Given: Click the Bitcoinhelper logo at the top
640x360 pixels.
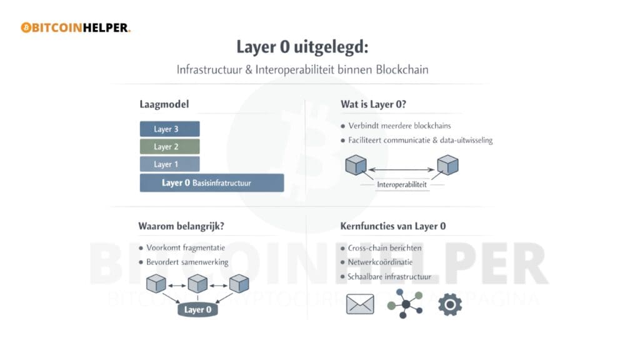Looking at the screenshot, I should coord(75,27).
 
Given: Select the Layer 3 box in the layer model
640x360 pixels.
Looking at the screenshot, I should coord(169,129).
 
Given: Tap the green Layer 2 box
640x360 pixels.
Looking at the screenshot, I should coord(169,147).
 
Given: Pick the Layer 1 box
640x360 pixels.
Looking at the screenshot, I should coord(169,164).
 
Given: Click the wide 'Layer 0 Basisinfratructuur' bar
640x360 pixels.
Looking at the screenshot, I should coord(211,183).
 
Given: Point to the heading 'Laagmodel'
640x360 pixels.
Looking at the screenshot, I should coord(164,104).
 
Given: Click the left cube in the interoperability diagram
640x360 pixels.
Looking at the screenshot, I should coord(356,166).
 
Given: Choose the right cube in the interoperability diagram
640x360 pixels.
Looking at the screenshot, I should coord(447,166).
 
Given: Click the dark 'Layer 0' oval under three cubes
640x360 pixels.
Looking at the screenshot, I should coord(197,309).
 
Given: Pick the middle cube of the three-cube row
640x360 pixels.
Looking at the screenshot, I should coord(197,283).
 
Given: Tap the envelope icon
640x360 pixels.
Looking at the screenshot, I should coord(359,304).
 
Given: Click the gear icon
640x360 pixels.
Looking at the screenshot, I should coord(449,304).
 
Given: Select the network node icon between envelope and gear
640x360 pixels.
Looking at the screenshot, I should coord(405,304).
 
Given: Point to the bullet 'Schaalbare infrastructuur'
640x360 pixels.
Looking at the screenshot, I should coord(389,276).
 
